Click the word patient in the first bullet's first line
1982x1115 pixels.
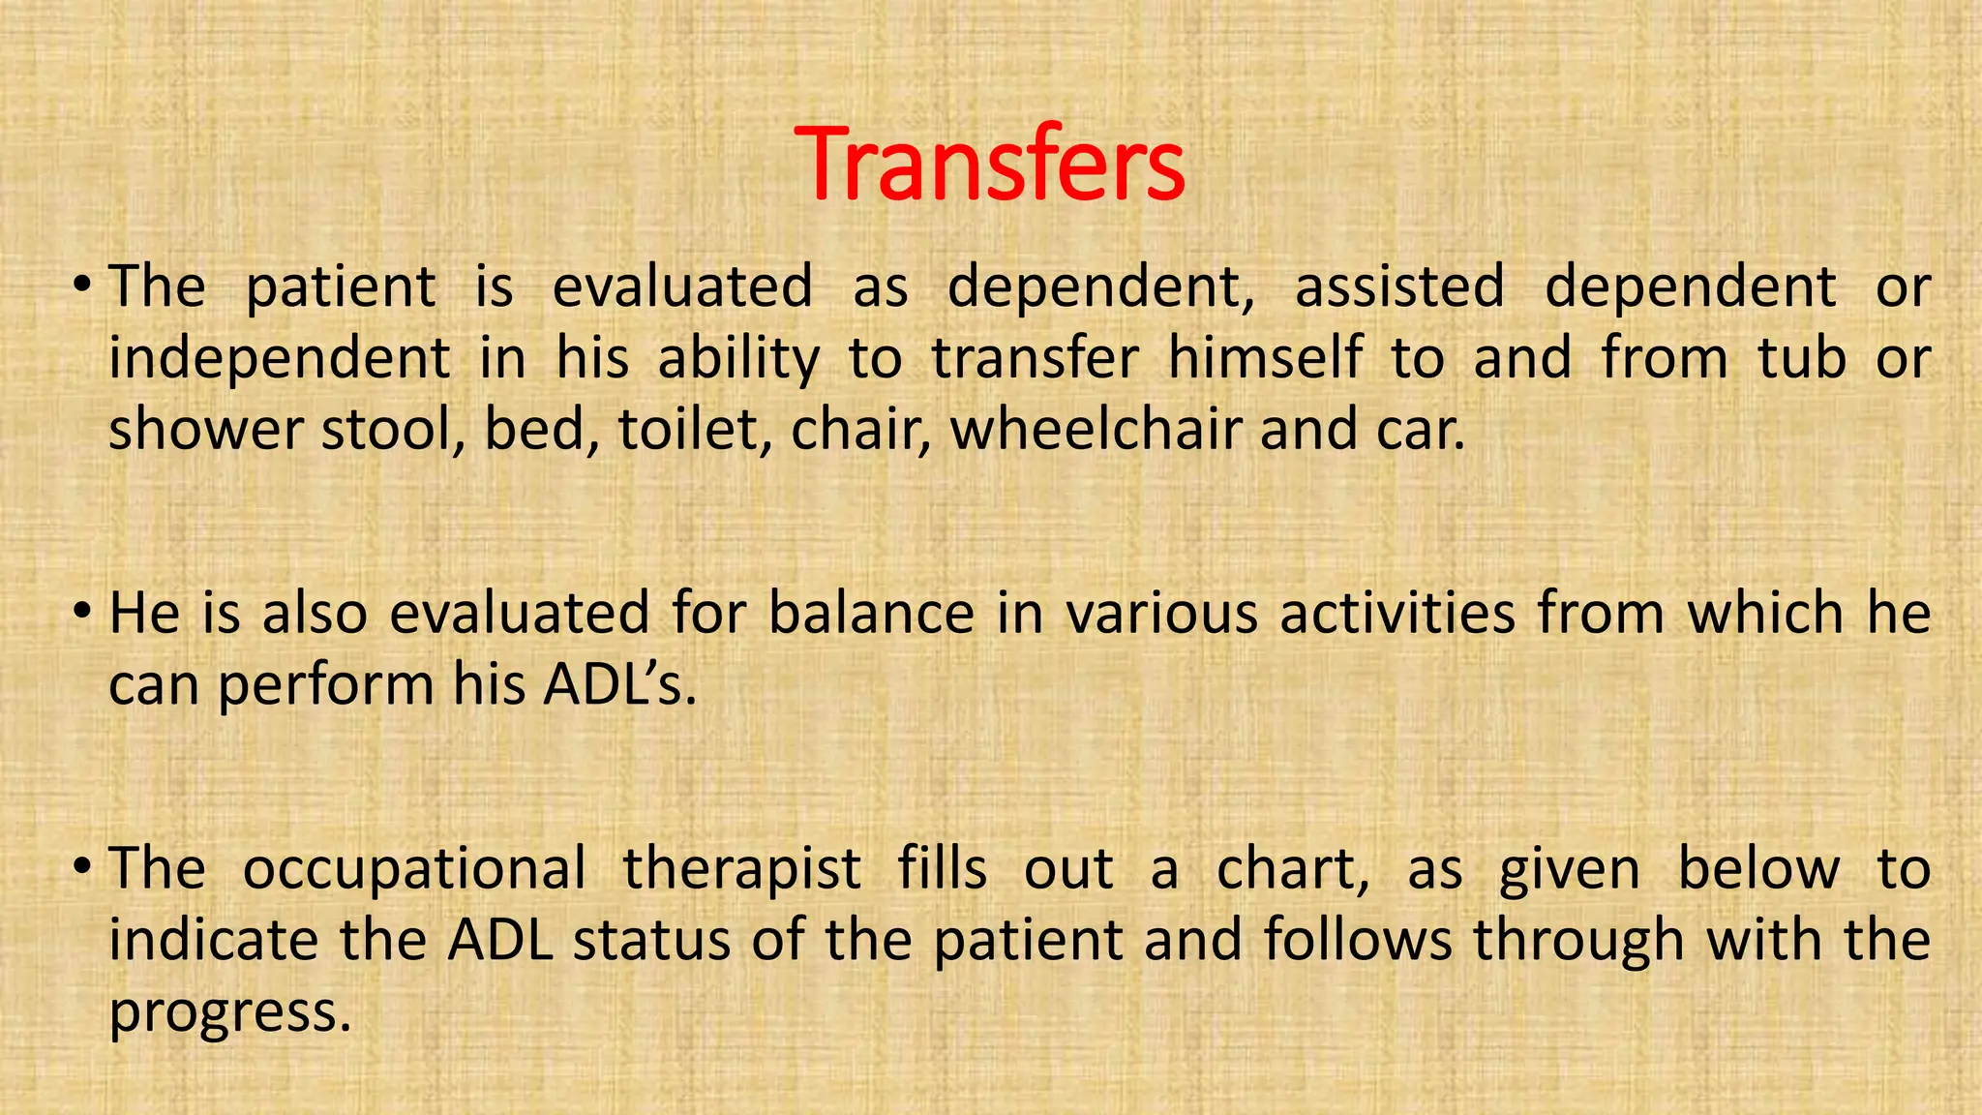[341, 288]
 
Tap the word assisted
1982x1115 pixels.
[1399, 286]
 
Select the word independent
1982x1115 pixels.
[279, 359]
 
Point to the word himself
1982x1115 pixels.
[1265, 357]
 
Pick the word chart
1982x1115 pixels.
[1292, 868]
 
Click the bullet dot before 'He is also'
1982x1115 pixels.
[82, 612]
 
